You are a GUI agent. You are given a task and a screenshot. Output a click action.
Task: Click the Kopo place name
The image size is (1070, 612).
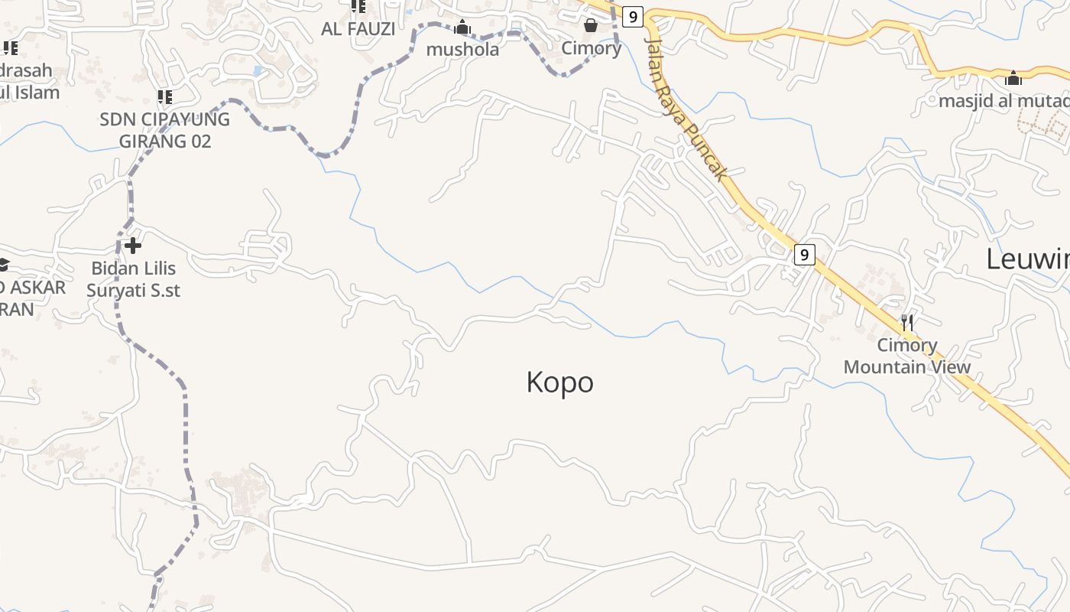coord(559,382)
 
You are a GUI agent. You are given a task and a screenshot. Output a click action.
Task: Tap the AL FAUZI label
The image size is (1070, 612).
coord(358,29)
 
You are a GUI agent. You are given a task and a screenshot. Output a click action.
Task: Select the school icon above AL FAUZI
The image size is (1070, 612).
coord(358,7)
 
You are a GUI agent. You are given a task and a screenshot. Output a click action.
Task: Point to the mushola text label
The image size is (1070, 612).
coord(462,50)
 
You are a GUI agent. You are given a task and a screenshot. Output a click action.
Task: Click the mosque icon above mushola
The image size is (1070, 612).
coord(462,28)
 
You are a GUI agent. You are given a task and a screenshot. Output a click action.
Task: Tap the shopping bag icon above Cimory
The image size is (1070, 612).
coord(591,26)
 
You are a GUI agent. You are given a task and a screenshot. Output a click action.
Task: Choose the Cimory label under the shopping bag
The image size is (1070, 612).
coord(591,48)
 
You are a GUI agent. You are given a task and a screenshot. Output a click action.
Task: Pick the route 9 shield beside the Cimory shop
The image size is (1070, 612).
coord(632,16)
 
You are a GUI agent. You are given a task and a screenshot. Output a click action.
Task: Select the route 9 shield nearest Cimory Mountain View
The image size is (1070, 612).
coord(803,255)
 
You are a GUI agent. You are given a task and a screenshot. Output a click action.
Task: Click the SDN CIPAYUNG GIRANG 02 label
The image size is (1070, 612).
coord(164,130)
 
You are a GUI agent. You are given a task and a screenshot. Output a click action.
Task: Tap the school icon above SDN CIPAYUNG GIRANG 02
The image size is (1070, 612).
coord(164,97)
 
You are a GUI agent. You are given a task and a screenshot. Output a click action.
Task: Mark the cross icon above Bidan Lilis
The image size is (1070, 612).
coord(133,246)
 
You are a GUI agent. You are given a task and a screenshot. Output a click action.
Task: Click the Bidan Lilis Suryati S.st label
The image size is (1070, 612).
coord(133,279)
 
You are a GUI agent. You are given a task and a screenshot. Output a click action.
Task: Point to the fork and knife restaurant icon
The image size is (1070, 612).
coord(907,322)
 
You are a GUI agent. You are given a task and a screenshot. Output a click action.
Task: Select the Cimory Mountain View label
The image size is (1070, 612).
coord(907,356)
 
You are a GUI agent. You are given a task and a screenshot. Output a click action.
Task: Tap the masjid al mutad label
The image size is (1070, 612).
coord(1004,101)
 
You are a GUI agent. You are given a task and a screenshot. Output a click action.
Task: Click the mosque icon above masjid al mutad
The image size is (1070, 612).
coord(1013,78)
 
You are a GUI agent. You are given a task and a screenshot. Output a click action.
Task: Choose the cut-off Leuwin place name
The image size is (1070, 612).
coord(1027,259)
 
